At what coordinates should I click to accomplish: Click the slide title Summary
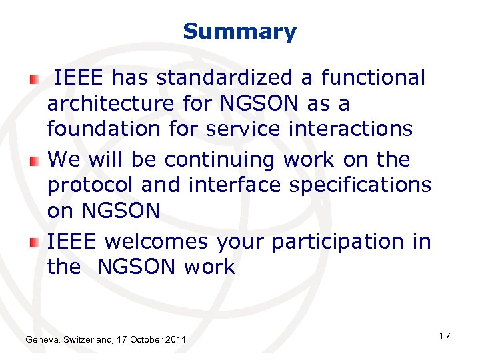239,31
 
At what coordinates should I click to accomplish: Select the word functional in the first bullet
373,78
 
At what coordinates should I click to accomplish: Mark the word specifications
361,185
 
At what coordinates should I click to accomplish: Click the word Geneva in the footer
41,341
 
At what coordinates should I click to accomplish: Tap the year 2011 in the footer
176,341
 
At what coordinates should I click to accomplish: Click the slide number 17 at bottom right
445,336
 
